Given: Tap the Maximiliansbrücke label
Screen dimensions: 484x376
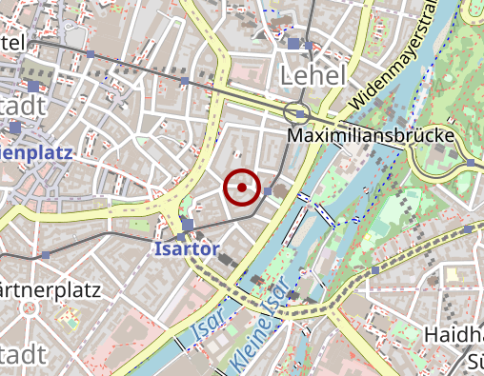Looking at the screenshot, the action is point(370,137).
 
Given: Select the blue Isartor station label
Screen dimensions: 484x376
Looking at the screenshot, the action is point(187,249).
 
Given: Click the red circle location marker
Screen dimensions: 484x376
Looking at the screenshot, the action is point(242,188).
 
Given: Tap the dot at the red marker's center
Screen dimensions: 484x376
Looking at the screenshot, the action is point(242,188).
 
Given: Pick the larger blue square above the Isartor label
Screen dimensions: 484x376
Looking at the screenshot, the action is point(187,226).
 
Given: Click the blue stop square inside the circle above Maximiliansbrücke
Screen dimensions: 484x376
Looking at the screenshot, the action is point(301,114).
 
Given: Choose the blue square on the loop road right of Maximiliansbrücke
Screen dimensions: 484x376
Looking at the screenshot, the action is point(471,163).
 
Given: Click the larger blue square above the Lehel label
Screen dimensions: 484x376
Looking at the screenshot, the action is point(293,43).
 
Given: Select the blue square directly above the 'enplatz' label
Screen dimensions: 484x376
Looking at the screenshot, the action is point(14,126).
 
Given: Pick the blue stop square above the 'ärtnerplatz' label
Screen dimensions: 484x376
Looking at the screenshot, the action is point(46,255).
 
